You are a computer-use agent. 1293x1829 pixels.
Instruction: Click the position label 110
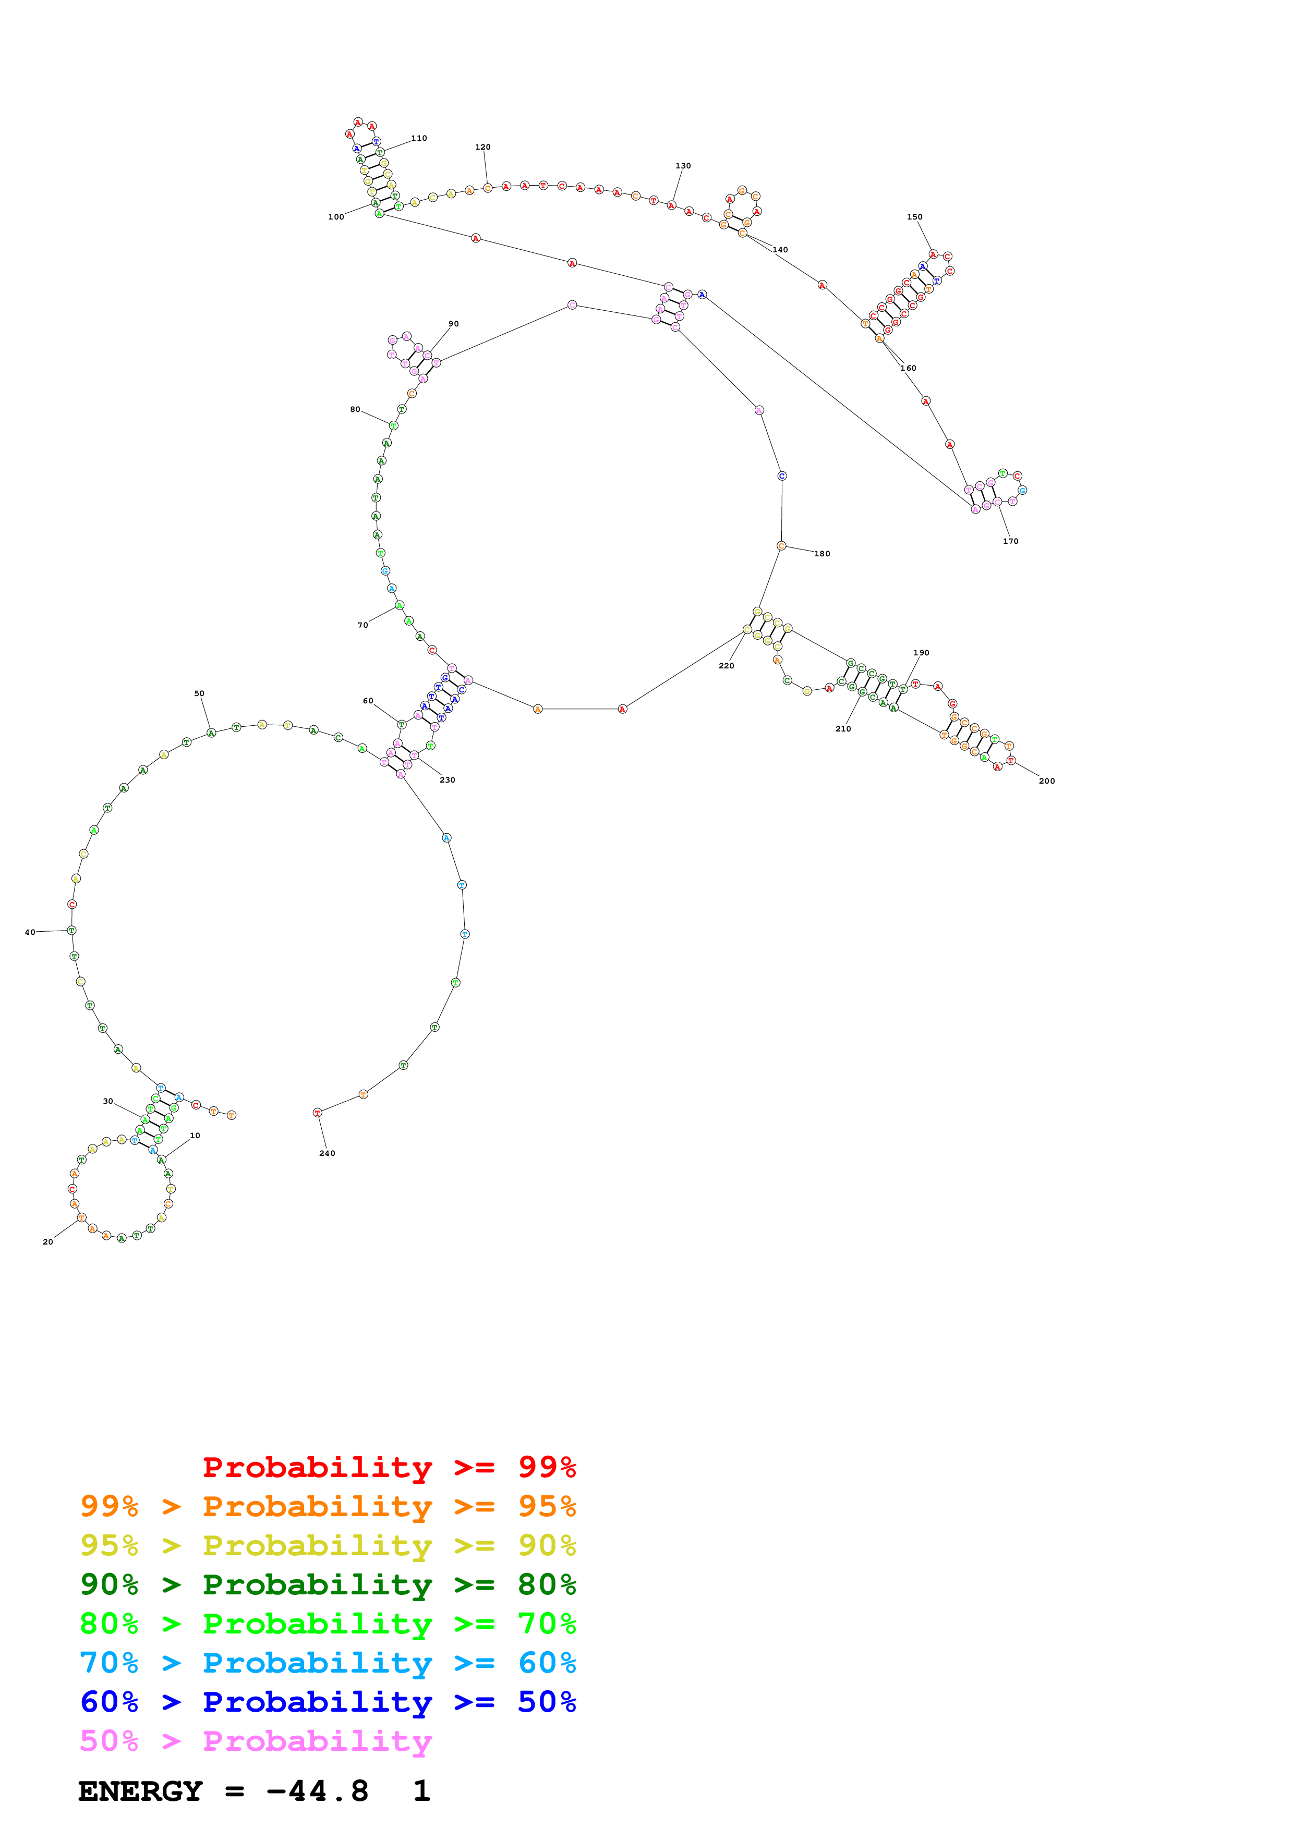(419, 139)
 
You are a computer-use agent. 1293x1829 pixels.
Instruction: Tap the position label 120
(483, 148)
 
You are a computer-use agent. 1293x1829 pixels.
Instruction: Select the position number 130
(683, 166)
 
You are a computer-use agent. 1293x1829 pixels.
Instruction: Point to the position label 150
(914, 217)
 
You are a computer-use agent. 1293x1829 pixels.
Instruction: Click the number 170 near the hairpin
(1010, 542)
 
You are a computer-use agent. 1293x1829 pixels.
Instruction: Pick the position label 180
(822, 554)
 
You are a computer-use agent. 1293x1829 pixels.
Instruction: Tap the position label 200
(1047, 782)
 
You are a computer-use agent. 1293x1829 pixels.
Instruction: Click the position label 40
(30, 933)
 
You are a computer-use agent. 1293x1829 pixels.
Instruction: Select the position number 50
(199, 694)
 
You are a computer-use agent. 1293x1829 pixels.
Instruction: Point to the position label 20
(48, 1242)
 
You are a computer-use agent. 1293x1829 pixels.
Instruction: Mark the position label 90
(453, 324)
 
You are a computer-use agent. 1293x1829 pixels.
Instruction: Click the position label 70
(362, 625)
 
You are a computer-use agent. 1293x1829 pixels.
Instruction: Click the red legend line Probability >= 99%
(389, 1467)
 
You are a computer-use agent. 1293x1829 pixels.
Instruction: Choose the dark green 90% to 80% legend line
(328, 1584)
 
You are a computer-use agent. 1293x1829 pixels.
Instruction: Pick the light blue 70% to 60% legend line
(328, 1663)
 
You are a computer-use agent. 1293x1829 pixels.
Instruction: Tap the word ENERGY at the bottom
(140, 1791)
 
